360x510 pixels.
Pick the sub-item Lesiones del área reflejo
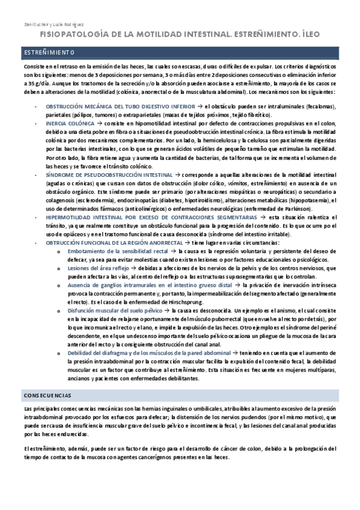click(97, 268)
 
